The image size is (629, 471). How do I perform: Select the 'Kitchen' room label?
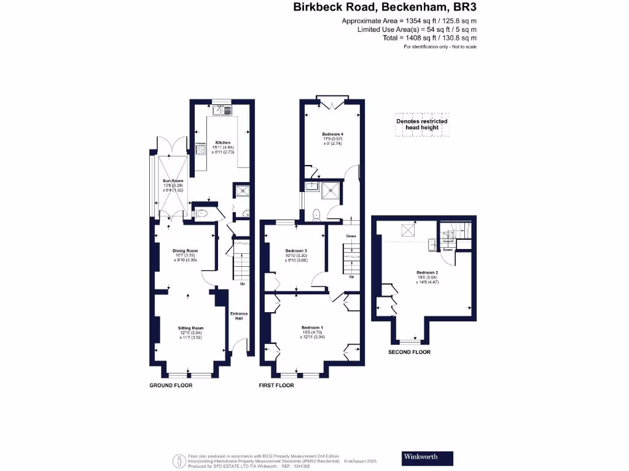[214, 143]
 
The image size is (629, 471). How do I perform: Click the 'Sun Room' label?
[173, 182]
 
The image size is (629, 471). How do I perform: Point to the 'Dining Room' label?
[185, 250]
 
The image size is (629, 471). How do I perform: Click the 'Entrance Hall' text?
[239, 316]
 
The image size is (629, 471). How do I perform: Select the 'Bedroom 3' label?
[296, 251]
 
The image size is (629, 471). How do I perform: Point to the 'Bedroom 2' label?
[427, 272]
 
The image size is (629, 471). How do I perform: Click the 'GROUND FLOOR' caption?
[171, 386]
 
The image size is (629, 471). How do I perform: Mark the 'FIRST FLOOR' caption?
[276, 386]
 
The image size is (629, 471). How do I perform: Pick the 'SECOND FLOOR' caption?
[409, 353]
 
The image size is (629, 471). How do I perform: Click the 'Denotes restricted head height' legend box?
[421, 124]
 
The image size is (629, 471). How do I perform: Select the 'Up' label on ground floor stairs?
[242, 284]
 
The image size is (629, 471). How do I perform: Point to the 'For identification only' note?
[440, 47]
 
